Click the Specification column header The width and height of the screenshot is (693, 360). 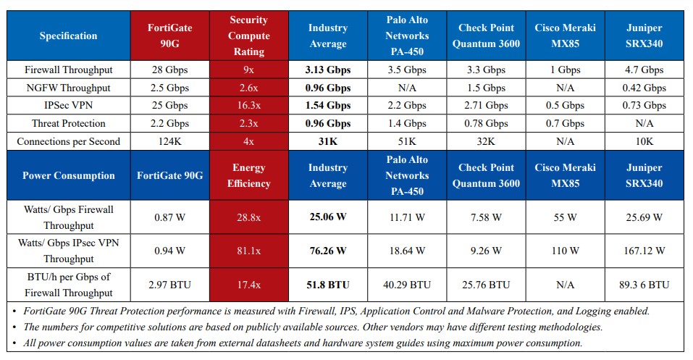(x=69, y=35)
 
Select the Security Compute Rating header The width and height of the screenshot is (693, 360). (x=249, y=35)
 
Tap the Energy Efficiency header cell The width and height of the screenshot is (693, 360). (x=249, y=175)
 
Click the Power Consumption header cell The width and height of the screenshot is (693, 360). (x=69, y=175)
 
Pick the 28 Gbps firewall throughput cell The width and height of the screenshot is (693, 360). (x=169, y=70)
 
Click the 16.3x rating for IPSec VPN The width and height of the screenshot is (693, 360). (x=249, y=106)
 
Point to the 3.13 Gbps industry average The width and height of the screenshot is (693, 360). (x=328, y=70)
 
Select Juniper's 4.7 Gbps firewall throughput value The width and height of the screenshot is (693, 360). (x=644, y=70)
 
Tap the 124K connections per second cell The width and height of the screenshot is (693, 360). (x=169, y=141)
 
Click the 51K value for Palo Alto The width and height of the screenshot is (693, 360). (x=407, y=141)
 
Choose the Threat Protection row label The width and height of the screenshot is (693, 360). (x=69, y=123)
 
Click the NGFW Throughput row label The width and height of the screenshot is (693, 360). (x=69, y=88)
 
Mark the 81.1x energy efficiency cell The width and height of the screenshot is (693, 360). (x=249, y=251)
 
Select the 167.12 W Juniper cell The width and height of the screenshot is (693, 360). (x=644, y=251)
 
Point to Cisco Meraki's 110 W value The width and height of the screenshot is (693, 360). (x=566, y=251)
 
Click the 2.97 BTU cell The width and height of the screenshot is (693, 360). (x=169, y=285)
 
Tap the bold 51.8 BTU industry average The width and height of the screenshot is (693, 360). (x=328, y=285)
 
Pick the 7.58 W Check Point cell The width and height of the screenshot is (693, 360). (x=486, y=217)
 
